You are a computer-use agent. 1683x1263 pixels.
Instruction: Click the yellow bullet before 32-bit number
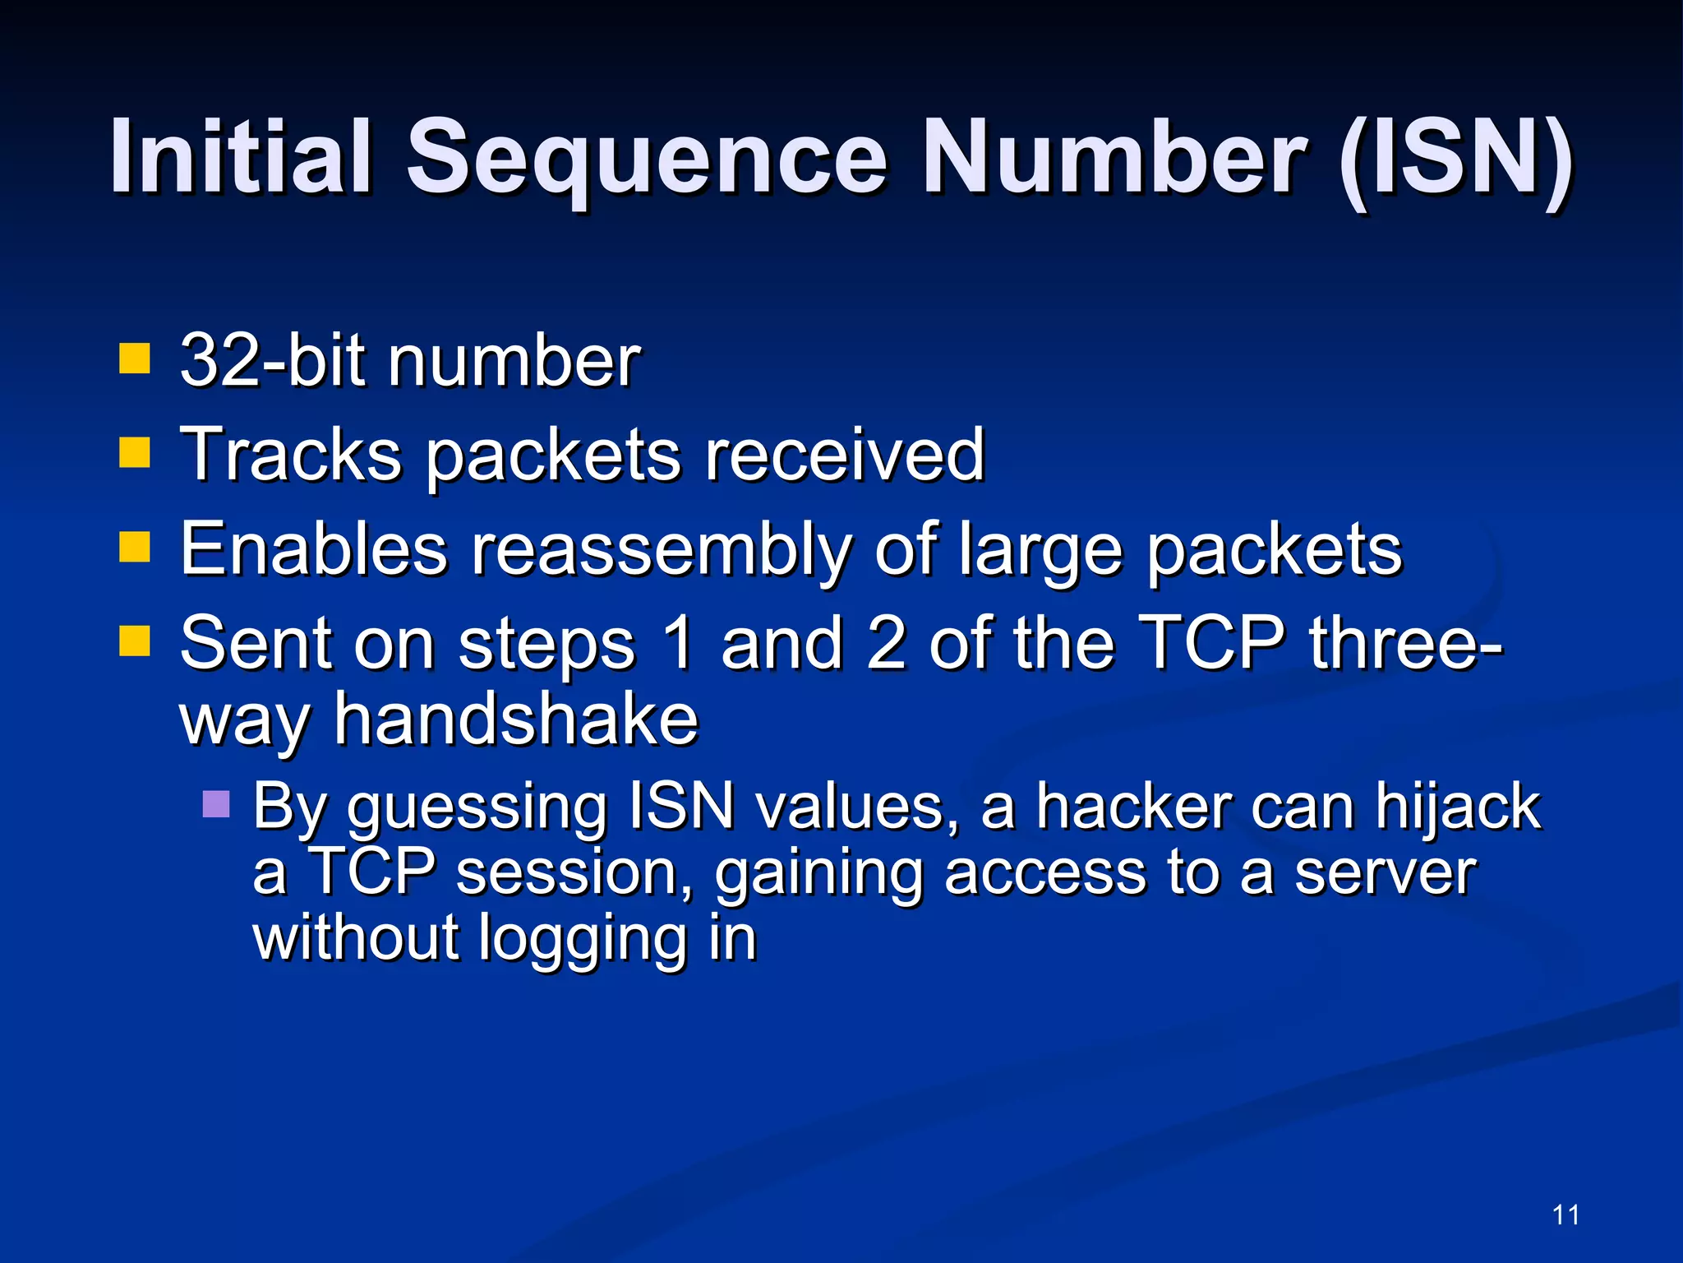135,359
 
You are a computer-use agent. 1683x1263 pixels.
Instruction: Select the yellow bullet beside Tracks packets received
135,451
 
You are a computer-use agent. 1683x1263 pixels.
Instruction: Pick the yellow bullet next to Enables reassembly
135,546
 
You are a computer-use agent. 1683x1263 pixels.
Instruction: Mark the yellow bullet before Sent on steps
135,641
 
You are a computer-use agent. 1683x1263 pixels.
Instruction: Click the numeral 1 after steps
679,643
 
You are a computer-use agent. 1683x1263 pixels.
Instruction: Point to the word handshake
516,720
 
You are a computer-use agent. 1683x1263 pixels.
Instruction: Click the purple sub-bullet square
216,803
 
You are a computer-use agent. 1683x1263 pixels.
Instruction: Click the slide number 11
1566,1214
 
